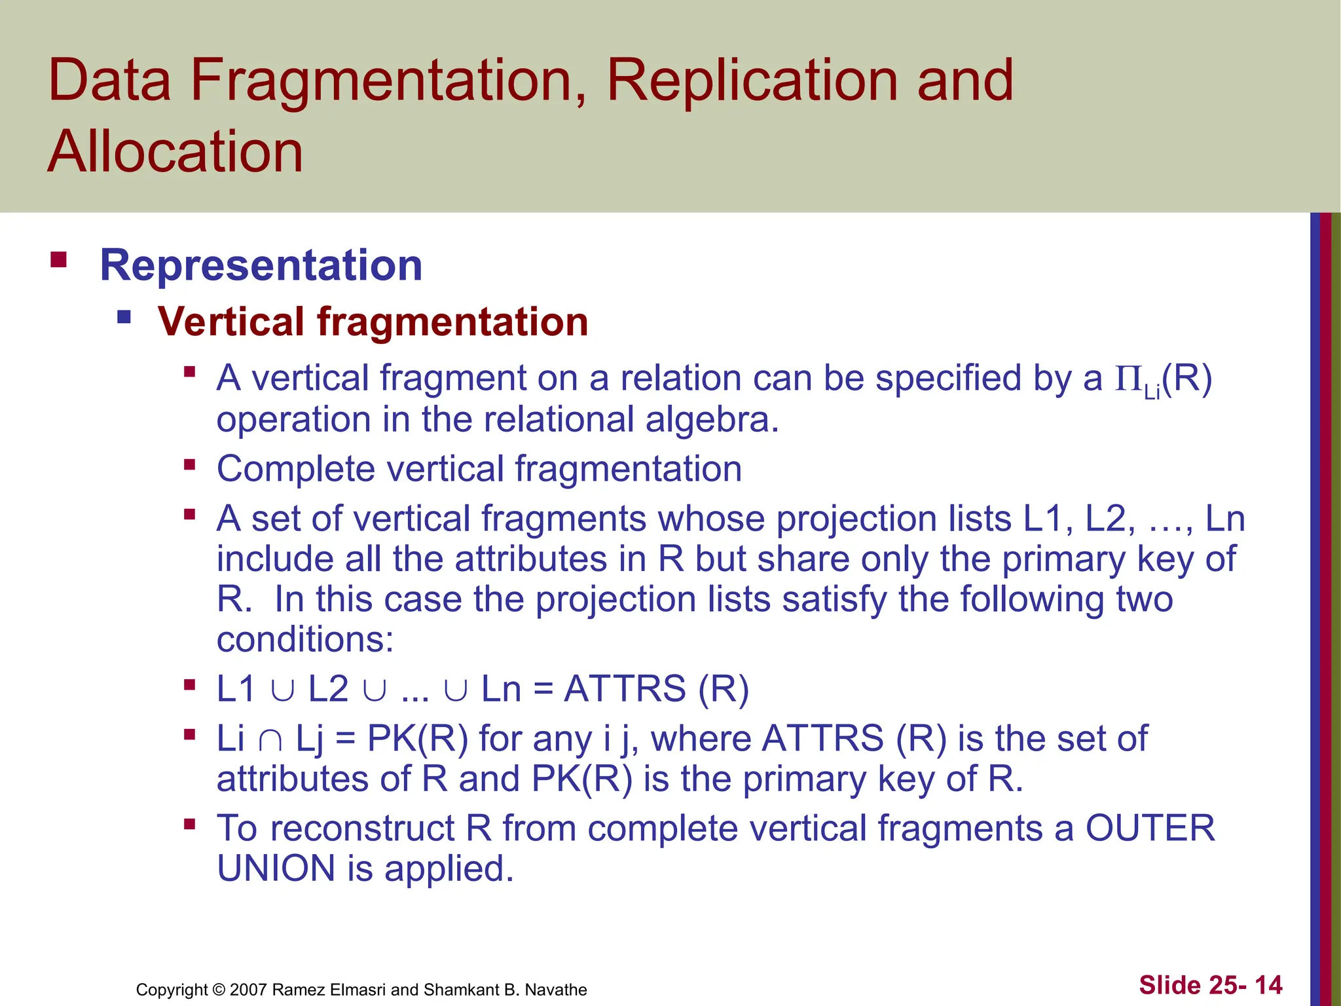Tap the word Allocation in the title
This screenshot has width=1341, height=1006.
click(175, 152)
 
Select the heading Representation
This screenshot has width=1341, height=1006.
click(261, 265)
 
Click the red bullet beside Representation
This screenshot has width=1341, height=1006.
click(59, 260)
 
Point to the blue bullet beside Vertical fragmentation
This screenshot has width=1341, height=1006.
click(124, 318)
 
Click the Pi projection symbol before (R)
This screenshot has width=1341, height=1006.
click(1129, 378)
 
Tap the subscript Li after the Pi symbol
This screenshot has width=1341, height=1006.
click(1152, 392)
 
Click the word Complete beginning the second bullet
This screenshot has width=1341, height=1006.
click(296, 469)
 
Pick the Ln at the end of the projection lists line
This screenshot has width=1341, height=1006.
click(1224, 519)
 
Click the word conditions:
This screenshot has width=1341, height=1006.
click(305, 639)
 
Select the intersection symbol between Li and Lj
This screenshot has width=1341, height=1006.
click(270, 740)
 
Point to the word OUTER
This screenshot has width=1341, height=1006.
click(1150, 828)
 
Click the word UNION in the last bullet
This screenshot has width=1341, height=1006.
click(276, 868)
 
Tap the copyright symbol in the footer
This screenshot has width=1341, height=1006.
click(219, 990)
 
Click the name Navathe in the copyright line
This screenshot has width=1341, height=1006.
click(556, 990)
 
